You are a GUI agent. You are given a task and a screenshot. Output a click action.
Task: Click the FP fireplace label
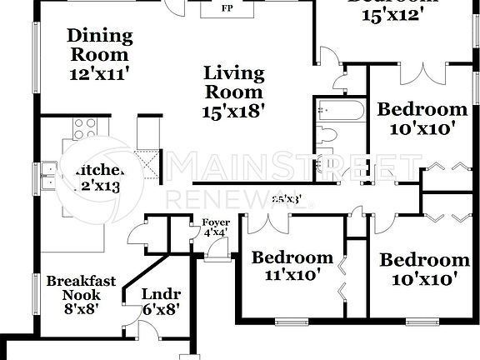coord(226,10)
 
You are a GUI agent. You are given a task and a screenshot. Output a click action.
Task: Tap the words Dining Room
coord(100,46)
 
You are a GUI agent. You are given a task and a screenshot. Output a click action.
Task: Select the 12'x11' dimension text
coord(100,74)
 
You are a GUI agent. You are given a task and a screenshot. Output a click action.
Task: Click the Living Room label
coord(234,82)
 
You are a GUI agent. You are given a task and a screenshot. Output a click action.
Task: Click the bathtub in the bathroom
coord(340,111)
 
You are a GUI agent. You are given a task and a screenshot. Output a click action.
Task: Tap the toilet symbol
coord(328,134)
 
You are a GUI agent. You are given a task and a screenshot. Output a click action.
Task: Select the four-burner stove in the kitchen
coord(85,127)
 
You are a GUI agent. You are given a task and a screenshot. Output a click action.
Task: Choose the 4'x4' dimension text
coord(215,232)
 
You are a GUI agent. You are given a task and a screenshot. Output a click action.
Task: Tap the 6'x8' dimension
coord(157,309)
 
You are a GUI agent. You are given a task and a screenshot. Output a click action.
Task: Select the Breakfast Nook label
coord(81,287)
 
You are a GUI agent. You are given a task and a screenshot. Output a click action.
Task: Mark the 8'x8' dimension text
coord(81,308)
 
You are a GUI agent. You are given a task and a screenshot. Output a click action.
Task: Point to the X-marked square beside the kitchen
coord(149,162)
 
